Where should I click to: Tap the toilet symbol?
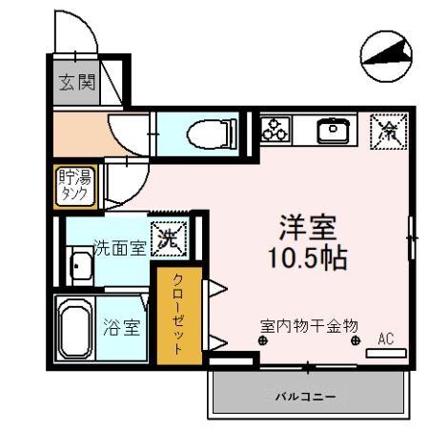pyautogui.click(x=204, y=133)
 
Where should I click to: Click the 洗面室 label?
pyautogui.click(x=119, y=249)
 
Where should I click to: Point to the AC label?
pyautogui.click(x=386, y=337)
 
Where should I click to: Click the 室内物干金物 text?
pyautogui.click(x=310, y=325)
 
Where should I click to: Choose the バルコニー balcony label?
pyautogui.click(x=305, y=395)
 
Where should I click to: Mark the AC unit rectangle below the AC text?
pyautogui.click(x=386, y=353)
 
